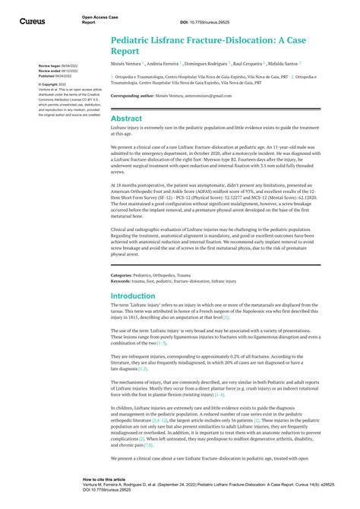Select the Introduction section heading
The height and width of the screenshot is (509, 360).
click(133, 296)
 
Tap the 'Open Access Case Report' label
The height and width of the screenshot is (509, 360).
click(99, 19)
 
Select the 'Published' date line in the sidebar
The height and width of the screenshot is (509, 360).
click(55, 76)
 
